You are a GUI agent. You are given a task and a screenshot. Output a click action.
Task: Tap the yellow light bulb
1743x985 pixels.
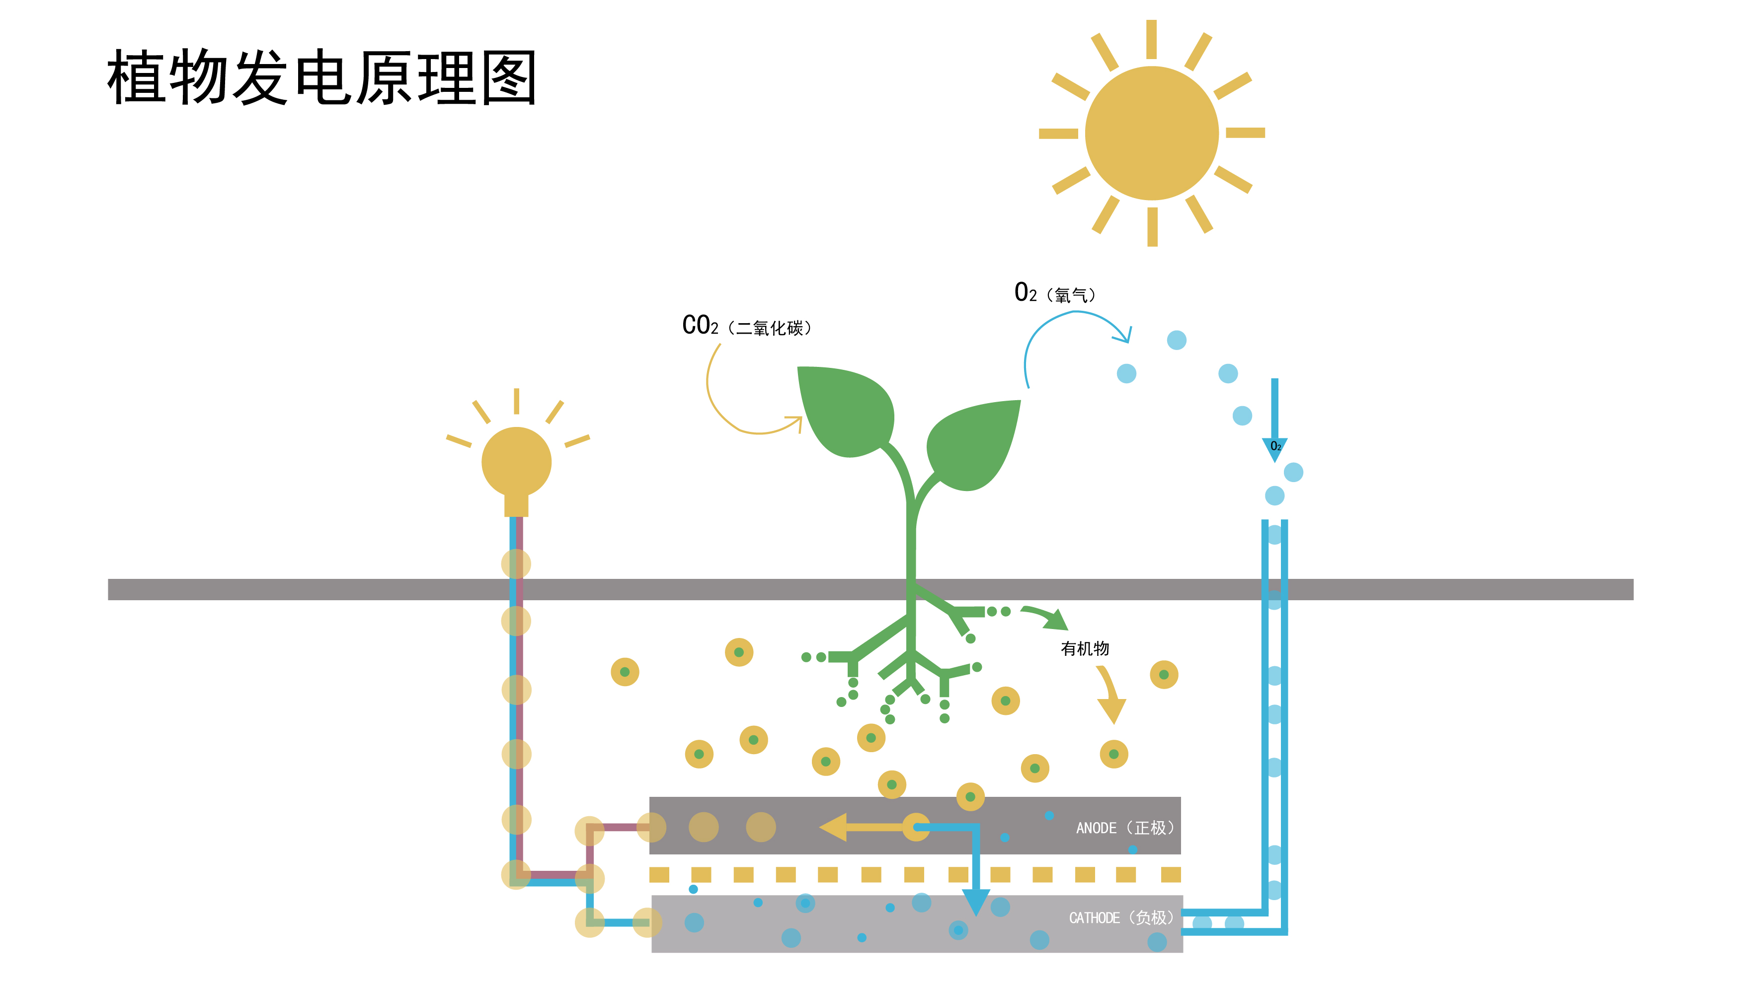[x=516, y=463]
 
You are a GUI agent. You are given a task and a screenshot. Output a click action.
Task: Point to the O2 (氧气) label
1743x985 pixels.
[x=1055, y=293]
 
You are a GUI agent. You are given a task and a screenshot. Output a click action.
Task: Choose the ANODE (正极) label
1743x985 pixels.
[x=1123, y=828]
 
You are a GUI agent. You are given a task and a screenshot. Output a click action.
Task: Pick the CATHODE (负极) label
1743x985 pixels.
[x=1120, y=917]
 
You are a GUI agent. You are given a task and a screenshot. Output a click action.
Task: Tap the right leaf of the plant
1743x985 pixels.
[x=975, y=443]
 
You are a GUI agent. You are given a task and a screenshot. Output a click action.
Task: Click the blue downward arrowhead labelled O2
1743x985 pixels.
[x=1274, y=448]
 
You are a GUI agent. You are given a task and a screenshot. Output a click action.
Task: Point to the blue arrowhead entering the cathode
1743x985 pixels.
[x=975, y=902]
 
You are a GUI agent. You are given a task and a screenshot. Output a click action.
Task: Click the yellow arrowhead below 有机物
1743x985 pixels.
[x=1111, y=710]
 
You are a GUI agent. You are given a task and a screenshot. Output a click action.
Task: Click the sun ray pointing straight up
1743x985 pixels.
[x=1151, y=39]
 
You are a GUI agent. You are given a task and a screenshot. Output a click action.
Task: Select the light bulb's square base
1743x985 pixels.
[x=516, y=505]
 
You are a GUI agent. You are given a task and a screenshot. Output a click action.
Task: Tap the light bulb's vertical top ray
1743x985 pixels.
[x=516, y=401]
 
